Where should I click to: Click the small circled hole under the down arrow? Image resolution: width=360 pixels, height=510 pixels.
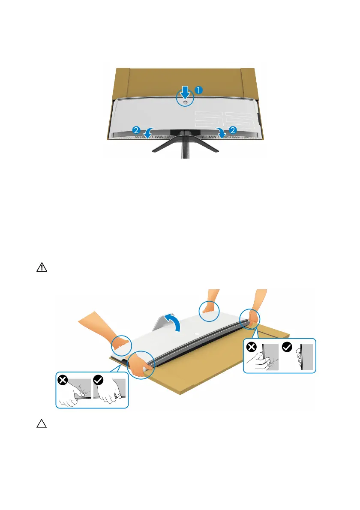(x=185, y=102)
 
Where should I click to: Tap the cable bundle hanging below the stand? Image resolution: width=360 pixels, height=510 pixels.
(x=185, y=150)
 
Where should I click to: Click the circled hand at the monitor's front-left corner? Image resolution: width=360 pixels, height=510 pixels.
(x=141, y=365)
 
